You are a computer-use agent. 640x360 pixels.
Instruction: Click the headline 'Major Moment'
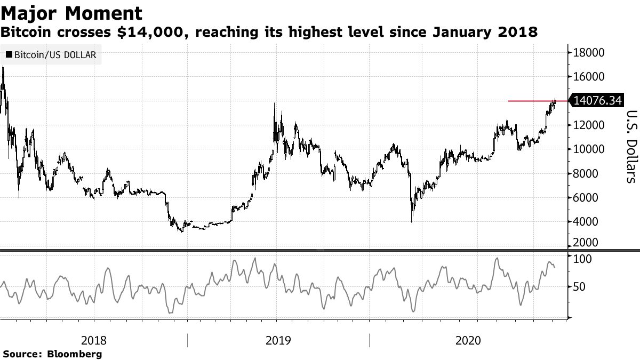[x=71, y=13]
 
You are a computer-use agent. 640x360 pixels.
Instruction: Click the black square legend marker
[x=9, y=54]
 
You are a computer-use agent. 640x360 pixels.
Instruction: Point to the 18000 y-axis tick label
[x=589, y=52]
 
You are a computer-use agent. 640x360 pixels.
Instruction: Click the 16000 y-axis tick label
[x=589, y=77]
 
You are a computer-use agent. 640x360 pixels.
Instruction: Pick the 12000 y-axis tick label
[x=589, y=125]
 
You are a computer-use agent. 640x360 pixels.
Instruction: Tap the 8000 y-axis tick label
[x=586, y=173]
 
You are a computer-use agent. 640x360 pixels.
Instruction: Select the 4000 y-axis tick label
[x=586, y=221]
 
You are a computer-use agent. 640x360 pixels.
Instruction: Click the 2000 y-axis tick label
[x=586, y=243]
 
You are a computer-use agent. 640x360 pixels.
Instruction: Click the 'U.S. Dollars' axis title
[x=630, y=146]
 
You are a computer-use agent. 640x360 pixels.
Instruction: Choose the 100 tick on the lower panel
[x=583, y=259]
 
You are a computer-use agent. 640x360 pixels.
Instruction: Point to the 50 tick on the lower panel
[x=580, y=287]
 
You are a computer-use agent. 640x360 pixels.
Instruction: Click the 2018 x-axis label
[x=94, y=340]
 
